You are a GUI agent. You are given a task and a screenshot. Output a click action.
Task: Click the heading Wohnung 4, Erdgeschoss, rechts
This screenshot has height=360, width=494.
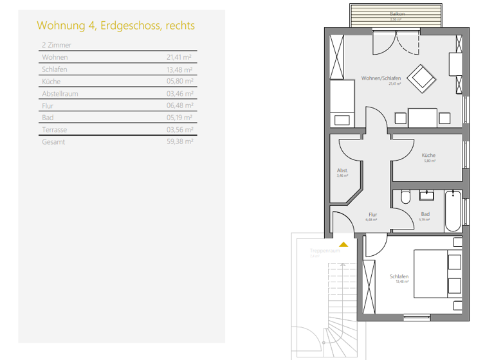[x=116, y=26]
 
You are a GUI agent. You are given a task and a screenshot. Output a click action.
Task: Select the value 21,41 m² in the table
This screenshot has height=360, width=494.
[x=180, y=57]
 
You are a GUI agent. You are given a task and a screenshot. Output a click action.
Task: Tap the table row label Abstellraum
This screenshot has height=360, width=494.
[x=60, y=94]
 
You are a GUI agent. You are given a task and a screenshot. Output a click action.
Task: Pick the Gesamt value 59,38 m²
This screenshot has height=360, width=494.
[x=180, y=142]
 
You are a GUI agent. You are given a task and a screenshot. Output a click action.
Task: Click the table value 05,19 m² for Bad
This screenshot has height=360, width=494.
[x=180, y=118]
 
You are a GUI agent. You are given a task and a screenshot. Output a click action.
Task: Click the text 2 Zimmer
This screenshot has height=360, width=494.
[x=56, y=46]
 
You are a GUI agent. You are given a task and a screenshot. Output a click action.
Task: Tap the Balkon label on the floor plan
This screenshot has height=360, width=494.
[x=397, y=14]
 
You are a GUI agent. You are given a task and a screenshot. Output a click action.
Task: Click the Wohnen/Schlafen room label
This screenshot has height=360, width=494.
[x=381, y=78]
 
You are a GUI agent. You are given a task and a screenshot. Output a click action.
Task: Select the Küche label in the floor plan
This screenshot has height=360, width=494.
[x=428, y=156]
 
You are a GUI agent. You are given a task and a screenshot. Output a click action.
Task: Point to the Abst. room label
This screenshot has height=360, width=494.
[x=342, y=170]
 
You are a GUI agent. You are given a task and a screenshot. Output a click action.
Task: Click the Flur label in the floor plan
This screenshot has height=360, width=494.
[x=372, y=215]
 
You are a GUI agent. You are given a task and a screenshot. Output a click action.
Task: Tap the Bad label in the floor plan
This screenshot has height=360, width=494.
[x=425, y=215]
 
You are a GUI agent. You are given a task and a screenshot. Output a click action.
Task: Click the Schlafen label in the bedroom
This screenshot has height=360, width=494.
[x=399, y=277]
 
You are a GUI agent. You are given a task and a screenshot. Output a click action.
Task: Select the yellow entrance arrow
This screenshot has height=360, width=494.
[x=344, y=244]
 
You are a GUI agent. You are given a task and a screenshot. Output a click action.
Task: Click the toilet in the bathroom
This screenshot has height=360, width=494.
[x=405, y=197]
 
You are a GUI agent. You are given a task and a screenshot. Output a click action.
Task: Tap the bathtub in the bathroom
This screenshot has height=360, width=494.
[x=453, y=211]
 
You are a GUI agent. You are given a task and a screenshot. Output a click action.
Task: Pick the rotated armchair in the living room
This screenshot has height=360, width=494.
[x=423, y=78]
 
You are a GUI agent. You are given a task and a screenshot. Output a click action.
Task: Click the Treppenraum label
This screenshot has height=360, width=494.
[x=324, y=251]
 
